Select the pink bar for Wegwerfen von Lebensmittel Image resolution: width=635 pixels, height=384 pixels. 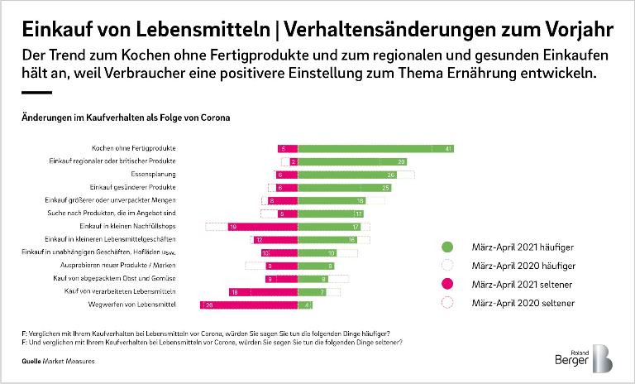coord(248,305)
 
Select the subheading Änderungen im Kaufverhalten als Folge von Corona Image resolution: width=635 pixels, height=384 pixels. coord(125,118)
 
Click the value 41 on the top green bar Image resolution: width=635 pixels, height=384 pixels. coord(447,148)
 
